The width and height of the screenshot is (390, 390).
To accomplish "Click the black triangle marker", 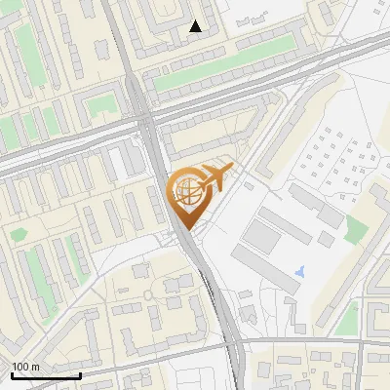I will tap(196, 27).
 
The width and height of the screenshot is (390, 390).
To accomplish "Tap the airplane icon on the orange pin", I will tap(212, 177).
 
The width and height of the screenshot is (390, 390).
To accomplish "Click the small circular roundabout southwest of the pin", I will tap(148, 292).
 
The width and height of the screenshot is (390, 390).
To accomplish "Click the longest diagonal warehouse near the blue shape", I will tap(264, 269).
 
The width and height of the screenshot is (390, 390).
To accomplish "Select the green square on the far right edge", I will tap(356, 230).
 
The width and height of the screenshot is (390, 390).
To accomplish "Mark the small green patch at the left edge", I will tap(18, 234).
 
